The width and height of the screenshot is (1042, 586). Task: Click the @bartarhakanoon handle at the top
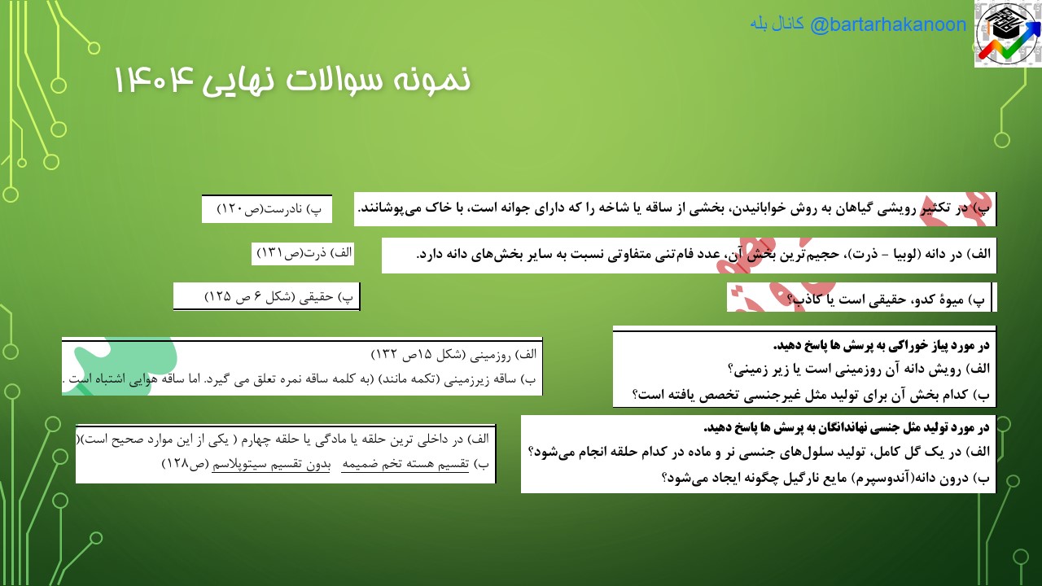[887, 24]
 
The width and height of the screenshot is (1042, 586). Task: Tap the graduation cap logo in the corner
[1008, 33]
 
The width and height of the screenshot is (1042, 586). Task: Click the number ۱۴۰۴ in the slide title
[155, 80]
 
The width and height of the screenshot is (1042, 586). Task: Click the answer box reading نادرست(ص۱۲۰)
[267, 209]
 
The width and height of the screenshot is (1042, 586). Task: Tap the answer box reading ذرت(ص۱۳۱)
[303, 253]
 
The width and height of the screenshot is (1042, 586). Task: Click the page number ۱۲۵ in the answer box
[217, 297]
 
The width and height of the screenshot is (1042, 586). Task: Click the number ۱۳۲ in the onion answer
[383, 355]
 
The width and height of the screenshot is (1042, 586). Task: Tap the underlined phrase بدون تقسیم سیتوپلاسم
[271, 464]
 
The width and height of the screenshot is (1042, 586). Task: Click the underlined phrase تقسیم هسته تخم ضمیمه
[405, 464]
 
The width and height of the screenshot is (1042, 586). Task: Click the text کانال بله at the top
[777, 24]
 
